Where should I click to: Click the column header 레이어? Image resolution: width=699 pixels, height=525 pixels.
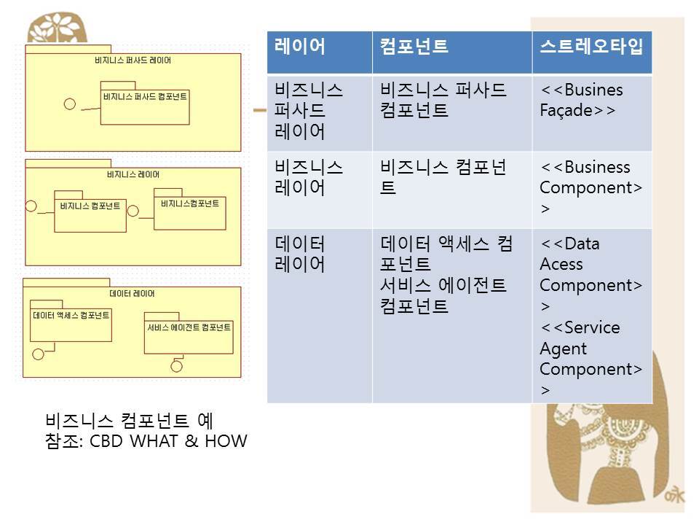point(299,47)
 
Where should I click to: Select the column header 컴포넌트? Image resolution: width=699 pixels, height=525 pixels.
point(414,47)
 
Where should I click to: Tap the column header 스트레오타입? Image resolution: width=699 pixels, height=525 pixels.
point(591,47)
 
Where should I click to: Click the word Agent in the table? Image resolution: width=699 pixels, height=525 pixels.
point(563,349)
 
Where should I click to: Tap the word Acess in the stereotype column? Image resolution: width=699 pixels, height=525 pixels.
point(561,264)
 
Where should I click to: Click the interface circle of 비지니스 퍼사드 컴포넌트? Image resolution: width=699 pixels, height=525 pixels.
point(70,104)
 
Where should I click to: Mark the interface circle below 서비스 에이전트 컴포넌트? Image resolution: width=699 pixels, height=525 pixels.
point(176,367)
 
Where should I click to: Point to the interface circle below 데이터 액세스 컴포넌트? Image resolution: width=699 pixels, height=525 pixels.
point(39,354)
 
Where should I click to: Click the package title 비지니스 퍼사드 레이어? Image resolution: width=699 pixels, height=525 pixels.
point(133,61)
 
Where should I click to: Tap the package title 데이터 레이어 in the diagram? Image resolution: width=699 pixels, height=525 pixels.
point(132,293)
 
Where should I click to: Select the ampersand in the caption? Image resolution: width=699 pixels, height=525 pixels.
point(191,441)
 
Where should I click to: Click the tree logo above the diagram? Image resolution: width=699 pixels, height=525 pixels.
point(57,28)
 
